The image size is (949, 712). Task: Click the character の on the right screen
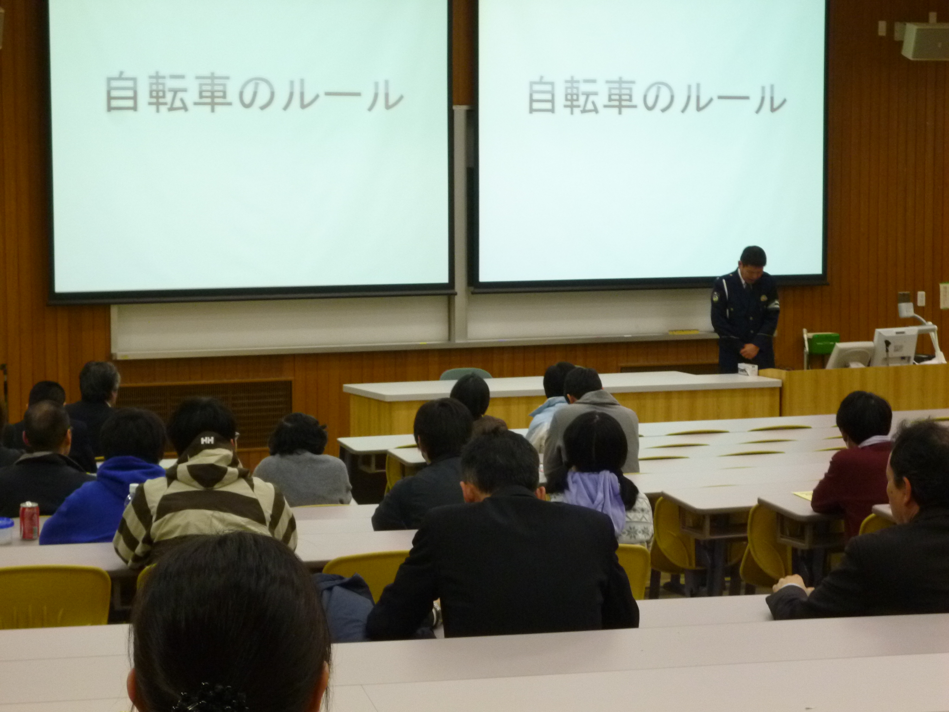pyautogui.click(x=669, y=98)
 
